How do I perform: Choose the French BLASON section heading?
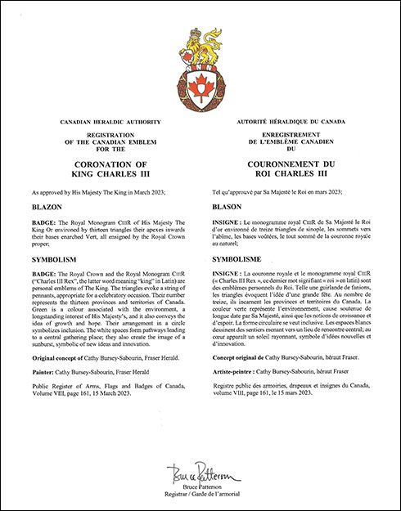[x=227, y=208]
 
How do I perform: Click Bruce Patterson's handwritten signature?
[x=200, y=475]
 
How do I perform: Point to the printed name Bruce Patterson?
[x=200, y=488]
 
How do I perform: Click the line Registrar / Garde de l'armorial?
[x=200, y=495]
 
